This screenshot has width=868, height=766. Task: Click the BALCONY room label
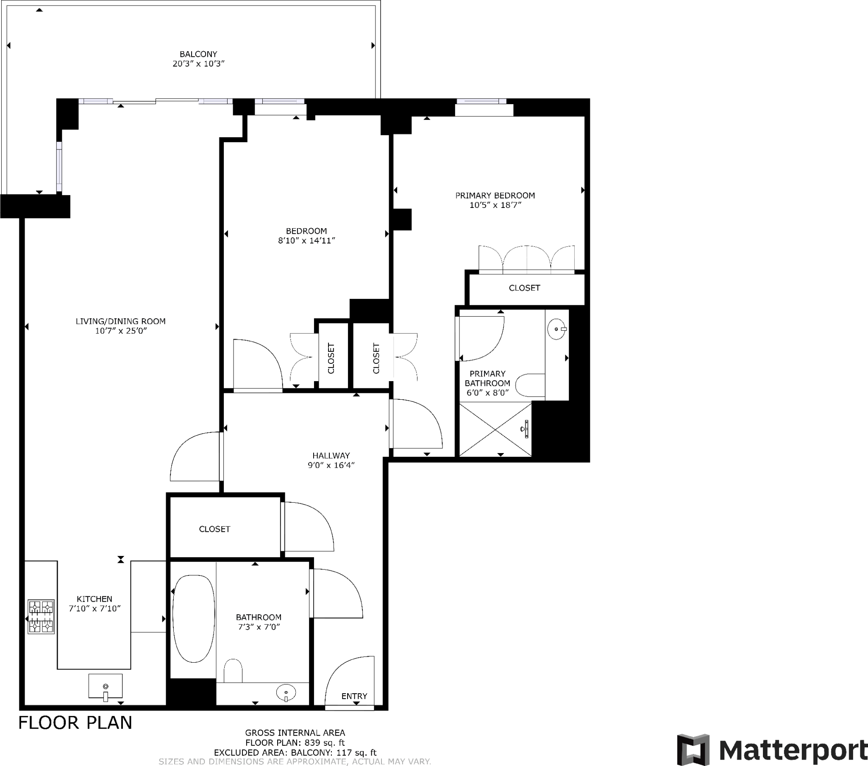tap(198, 54)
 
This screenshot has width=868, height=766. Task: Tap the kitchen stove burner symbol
tap(41, 617)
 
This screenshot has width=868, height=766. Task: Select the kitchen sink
tap(105, 686)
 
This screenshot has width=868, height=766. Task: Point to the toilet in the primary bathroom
tap(530, 385)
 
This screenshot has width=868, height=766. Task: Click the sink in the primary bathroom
tap(557, 329)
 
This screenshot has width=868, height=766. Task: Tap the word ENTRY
tap(354, 696)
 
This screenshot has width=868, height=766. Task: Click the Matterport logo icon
tap(693, 749)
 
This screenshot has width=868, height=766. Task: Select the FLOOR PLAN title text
tap(75, 722)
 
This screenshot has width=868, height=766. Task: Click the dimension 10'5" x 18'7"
tap(495, 205)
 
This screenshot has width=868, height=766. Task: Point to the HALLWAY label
tap(331, 455)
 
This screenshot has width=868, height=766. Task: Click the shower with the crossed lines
tap(495, 429)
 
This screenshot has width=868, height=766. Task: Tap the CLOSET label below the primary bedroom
tap(524, 288)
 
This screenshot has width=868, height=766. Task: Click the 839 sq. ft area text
tap(323, 743)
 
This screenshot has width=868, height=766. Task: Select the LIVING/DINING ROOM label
tap(120, 321)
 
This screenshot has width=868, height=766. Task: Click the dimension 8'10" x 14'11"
tap(306, 241)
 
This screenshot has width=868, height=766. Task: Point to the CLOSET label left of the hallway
tap(214, 529)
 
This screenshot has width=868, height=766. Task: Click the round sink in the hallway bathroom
tap(286, 693)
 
